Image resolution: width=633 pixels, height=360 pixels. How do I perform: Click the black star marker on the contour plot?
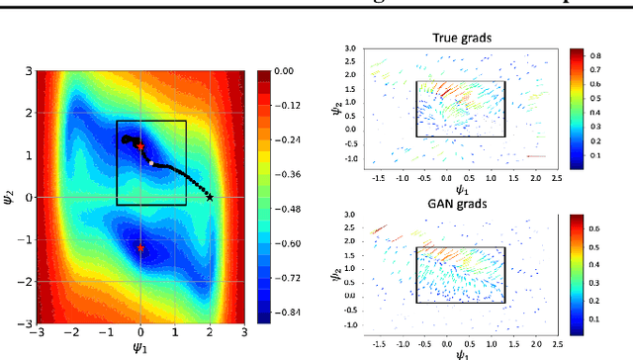point(210,197)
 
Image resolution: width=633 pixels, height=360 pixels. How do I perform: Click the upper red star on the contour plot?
point(140,145)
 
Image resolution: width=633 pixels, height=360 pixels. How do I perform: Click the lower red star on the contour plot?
point(140,248)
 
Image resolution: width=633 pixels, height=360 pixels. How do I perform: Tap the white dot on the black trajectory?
point(151,162)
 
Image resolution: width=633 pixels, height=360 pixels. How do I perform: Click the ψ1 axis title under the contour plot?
point(139,346)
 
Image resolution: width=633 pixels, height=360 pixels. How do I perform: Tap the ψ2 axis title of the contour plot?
point(9,197)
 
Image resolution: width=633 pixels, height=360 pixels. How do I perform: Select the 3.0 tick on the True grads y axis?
point(351,46)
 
